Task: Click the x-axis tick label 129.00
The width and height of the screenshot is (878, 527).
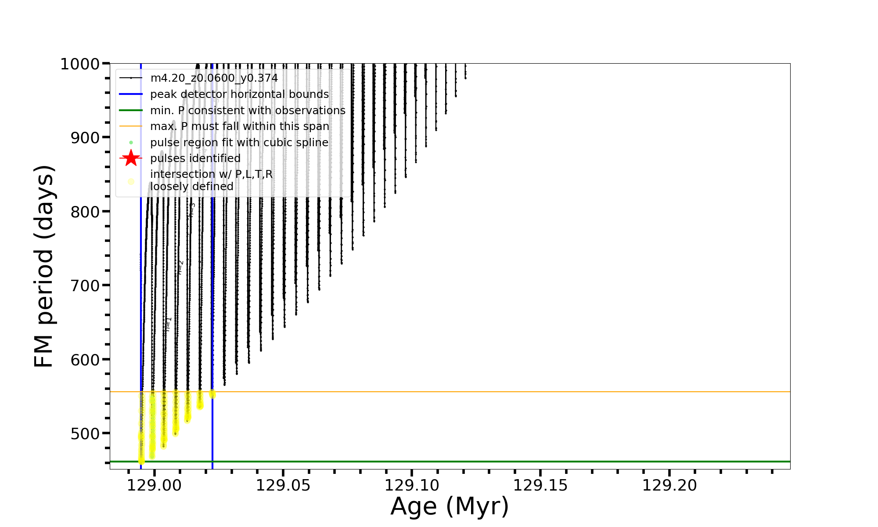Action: point(154,486)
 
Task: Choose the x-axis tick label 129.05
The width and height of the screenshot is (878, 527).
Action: point(283,486)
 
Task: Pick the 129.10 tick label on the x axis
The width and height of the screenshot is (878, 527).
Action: point(412,486)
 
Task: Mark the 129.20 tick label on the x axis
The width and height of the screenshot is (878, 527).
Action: point(669,486)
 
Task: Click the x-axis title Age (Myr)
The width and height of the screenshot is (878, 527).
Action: point(450,506)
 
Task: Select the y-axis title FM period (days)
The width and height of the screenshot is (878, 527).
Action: point(44,266)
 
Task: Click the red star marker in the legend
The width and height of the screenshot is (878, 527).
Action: point(131,158)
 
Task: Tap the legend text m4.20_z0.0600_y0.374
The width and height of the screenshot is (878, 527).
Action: point(214,79)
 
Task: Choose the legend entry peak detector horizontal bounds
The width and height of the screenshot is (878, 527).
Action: point(239,94)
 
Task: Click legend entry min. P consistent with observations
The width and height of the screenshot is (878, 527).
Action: point(248,111)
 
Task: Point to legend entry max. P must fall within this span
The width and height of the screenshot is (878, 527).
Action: point(239,126)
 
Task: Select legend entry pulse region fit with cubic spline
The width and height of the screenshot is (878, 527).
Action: point(239,143)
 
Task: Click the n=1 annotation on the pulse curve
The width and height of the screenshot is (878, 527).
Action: point(168,324)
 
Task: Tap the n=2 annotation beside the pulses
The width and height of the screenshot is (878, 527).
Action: point(180,267)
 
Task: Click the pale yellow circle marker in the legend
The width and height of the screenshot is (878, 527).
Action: point(131,181)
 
